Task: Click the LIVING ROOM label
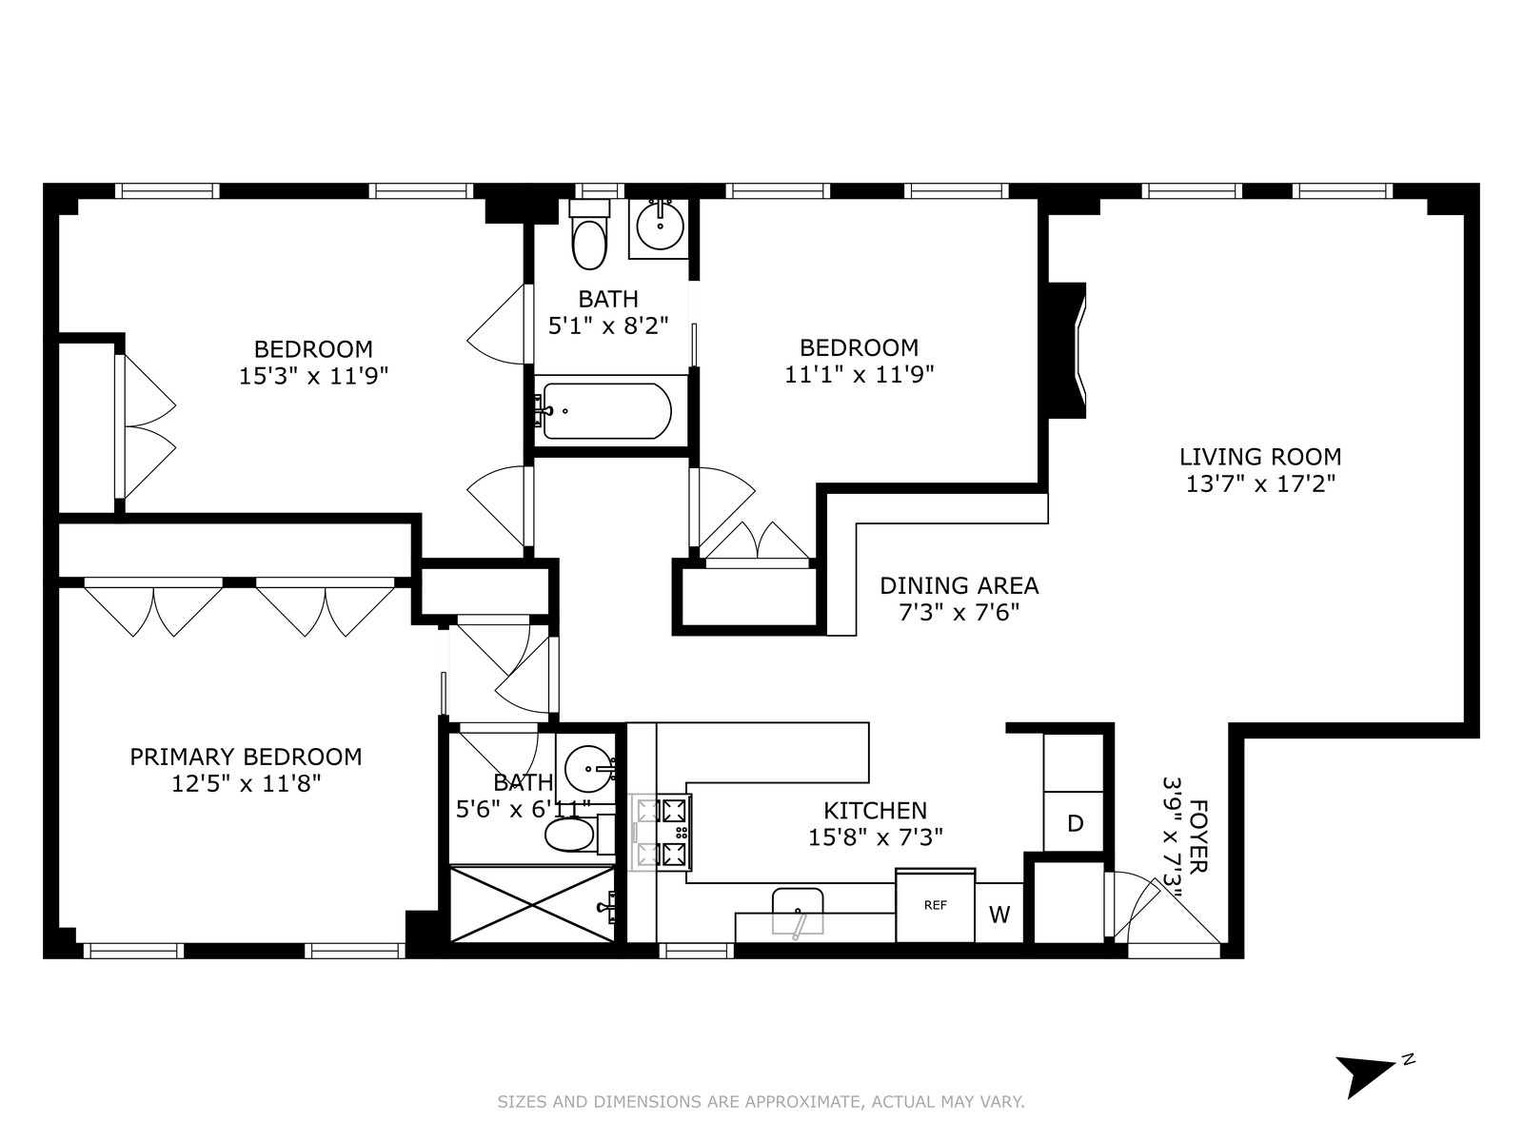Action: coord(1260,457)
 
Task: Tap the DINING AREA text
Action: coord(959,585)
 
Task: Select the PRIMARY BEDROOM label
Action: coord(246,757)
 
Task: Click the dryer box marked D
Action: coord(1075,823)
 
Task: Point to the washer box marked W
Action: coord(999,915)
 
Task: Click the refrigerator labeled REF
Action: coord(935,905)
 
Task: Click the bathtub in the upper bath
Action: coord(606,411)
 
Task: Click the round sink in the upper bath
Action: coord(659,226)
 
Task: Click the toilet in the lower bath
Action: coord(571,837)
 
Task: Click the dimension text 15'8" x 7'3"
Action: coord(875,837)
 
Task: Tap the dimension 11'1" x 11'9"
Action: coord(859,375)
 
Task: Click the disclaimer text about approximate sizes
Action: coord(761,1102)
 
